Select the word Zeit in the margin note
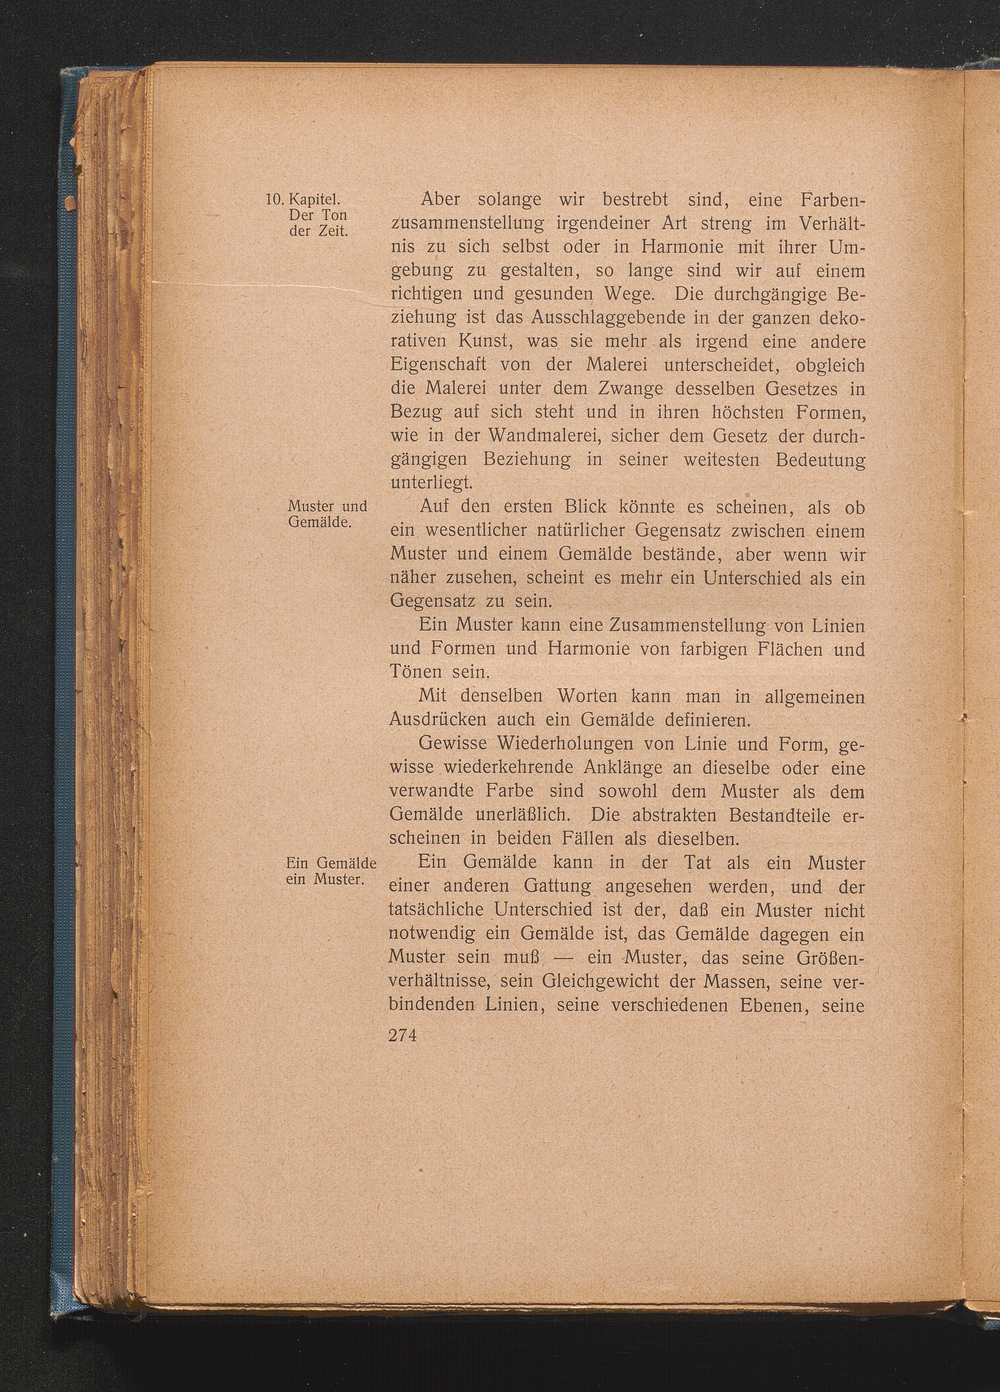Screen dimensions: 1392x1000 coord(332,232)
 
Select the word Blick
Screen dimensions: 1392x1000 coord(569,507)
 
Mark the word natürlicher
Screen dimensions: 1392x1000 coord(568,530)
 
